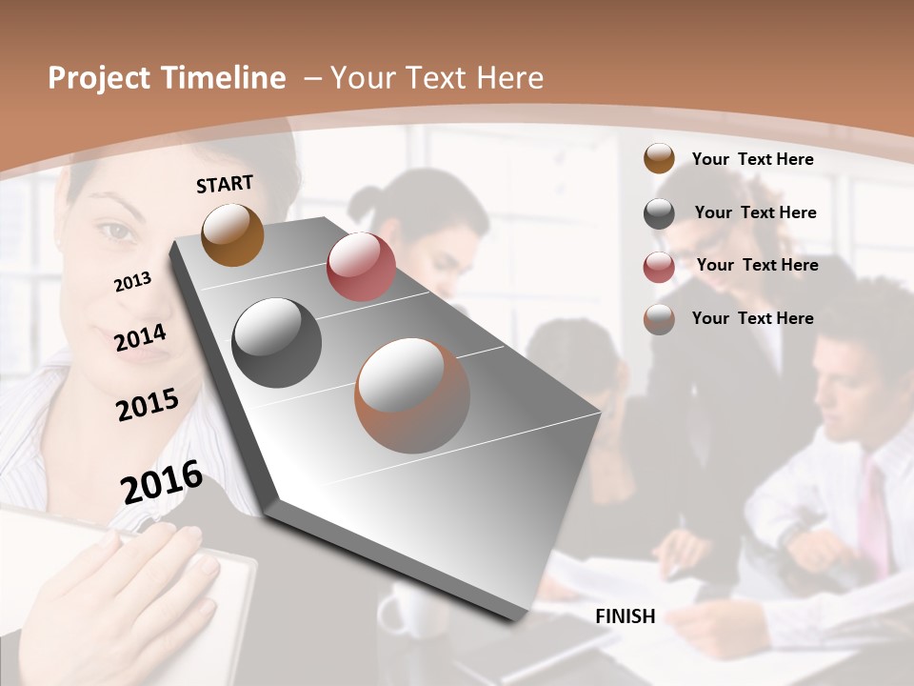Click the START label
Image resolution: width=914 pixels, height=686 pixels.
coord(225,183)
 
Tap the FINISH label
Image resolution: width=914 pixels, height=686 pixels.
coord(626,616)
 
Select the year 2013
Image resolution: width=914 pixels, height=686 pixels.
coord(132,281)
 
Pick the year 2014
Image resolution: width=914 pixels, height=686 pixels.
coord(141,338)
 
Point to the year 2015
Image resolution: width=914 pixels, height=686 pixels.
coord(148,404)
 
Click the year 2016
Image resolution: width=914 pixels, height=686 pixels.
coord(162,481)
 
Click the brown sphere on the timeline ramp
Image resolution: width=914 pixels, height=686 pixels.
coord(232,234)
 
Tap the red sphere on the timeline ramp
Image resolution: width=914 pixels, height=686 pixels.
coord(361,267)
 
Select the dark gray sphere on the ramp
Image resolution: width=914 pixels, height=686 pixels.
coord(277,343)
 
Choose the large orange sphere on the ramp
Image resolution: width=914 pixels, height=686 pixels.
coord(412,395)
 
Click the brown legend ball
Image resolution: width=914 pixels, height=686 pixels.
coord(659,159)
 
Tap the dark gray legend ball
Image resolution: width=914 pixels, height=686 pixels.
coord(659,213)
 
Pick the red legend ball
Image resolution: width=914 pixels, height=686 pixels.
coord(659,267)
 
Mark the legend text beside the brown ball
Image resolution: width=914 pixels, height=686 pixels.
coord(752,159)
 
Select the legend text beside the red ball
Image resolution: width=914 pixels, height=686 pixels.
coord(757,265)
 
